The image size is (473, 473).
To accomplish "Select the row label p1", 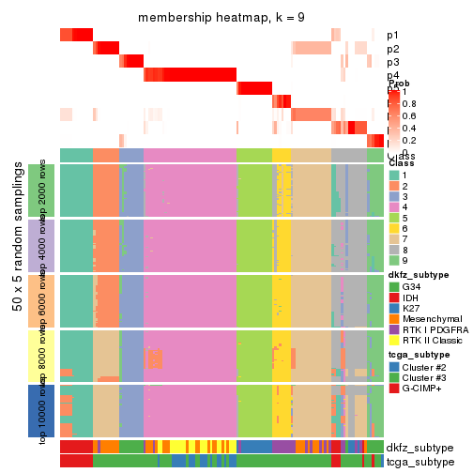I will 393,35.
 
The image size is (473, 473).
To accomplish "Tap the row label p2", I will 393,49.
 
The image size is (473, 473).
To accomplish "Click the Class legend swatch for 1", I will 394,175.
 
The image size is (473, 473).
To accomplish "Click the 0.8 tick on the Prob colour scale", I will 408,103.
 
